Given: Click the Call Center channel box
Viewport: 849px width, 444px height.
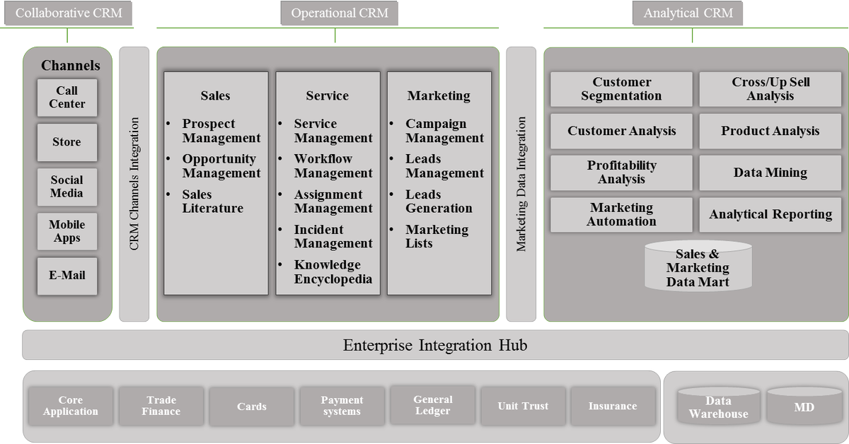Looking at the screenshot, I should (67, 98).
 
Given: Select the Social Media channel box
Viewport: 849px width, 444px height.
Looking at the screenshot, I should (67, 187).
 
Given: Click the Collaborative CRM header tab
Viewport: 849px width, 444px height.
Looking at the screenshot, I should (68, 13).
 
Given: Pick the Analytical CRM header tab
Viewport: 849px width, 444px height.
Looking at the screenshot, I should (688, 13).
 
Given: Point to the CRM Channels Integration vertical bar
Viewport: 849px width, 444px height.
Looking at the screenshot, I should (134, 184).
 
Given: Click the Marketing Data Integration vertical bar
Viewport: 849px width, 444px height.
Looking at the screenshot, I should (521, 184).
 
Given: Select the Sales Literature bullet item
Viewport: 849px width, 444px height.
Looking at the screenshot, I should (212, 201).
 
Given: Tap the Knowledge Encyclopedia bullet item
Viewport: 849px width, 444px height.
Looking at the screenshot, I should (333, 272).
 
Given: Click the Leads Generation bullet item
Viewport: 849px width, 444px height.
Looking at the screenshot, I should (438, 201).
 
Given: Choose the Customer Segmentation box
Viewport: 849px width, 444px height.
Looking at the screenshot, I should (621, 89).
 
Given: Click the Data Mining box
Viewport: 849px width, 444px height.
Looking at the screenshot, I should (770, 173).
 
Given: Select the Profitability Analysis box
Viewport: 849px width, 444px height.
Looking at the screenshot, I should (621, 173).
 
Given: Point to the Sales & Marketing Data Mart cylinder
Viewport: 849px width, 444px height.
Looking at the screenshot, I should (698, 267).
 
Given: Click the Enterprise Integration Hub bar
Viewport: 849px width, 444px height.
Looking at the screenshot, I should (434, 346).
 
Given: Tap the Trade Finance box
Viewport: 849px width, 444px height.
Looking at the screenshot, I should (161, 406).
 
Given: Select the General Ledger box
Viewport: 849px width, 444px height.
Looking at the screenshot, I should (432, 405).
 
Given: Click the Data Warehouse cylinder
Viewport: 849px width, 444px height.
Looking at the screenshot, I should (718, 407).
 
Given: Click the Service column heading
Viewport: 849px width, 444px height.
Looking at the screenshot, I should (327, 95).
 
